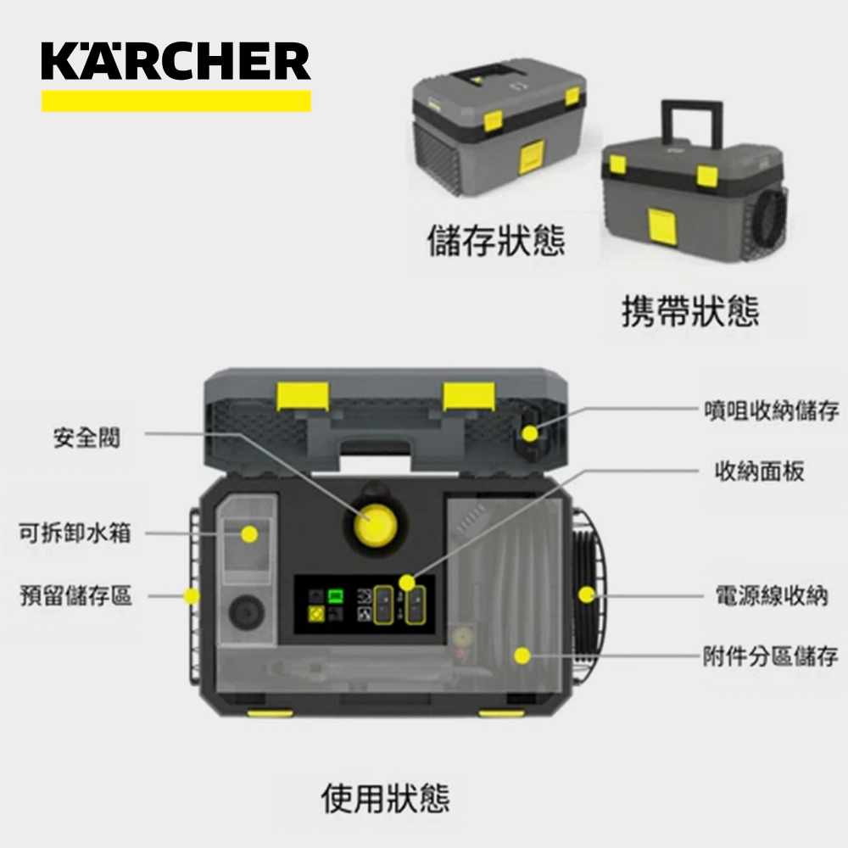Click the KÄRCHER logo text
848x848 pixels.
tap(176, 64)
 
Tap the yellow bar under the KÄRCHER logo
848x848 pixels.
tap(176, 102)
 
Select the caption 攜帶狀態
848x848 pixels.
tap(690, 311)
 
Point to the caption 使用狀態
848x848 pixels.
tap(386, 798)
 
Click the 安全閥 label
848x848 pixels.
tap(87, 438)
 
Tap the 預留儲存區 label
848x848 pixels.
tap(75, 595)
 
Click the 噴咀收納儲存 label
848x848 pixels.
tap(771, 410)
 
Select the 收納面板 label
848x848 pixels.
tap(758, 471)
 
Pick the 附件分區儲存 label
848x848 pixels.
tap(771, 656)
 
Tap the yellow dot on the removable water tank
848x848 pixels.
tap(248, 534)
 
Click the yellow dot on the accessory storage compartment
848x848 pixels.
tap(522, 656)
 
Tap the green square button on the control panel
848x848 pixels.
tap(335, 595)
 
